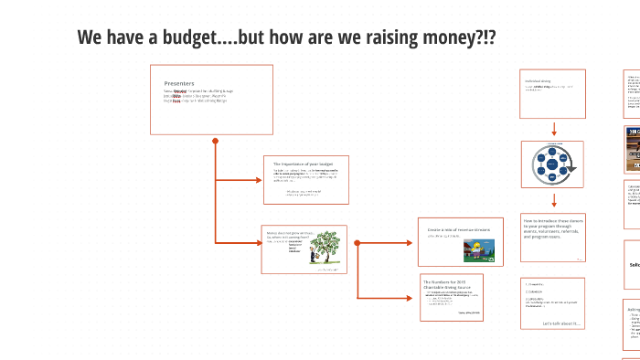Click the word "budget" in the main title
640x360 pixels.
(x=198, y=37)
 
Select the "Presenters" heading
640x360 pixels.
(x=179, y=83)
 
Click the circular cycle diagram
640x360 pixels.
(x=552, y=164)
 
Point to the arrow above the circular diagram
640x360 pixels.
(x=553, y=129)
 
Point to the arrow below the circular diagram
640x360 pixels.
(x=553, y=201)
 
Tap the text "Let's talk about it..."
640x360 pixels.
(x=561, y=323)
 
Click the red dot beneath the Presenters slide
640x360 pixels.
(x=215, y=141)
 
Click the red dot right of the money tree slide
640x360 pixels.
(x=357, y=243)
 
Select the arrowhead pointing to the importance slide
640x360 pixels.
(x=258, y=179)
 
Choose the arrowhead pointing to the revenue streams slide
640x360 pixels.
(x=413, y=243)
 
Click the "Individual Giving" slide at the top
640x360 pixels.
(x=552, y=93)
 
